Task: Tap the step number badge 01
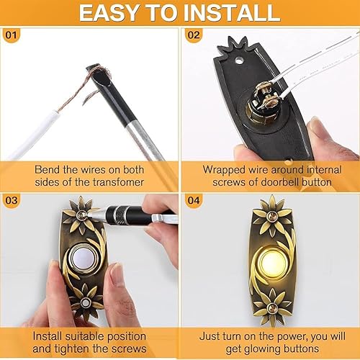(x=11, y=35)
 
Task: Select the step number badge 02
(x=194, y=35)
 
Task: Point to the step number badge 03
(x=12, y=200)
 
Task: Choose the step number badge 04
(x=194, y=200)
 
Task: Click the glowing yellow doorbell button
(x=272, y=261)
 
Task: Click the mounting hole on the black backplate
(x=238, y=60)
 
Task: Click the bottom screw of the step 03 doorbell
(x=85, y=302)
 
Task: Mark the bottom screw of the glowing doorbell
(x=272, y=307)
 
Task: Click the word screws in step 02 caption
(x=229, y=182)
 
